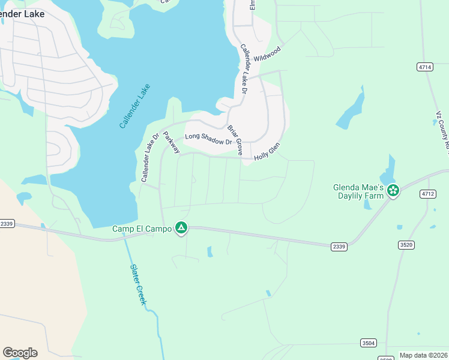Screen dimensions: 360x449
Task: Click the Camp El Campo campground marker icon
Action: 181,228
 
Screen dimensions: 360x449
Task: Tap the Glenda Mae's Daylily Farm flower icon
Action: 393,191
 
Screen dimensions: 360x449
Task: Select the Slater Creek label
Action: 138,286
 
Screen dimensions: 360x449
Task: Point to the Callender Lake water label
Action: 134,106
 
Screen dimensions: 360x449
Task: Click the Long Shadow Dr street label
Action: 208,139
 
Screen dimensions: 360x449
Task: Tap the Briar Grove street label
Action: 234,140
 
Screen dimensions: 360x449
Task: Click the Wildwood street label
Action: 267,55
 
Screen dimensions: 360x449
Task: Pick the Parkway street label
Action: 171,142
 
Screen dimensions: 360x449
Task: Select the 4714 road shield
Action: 426,67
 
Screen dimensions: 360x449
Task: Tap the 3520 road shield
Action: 406,244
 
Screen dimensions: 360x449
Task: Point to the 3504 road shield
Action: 369,343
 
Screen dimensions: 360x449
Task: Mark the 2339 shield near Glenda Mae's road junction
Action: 339,246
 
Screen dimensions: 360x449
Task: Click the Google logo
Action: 20,353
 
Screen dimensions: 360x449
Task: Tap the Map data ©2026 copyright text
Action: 424,355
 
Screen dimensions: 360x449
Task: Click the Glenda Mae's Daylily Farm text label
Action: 358,191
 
